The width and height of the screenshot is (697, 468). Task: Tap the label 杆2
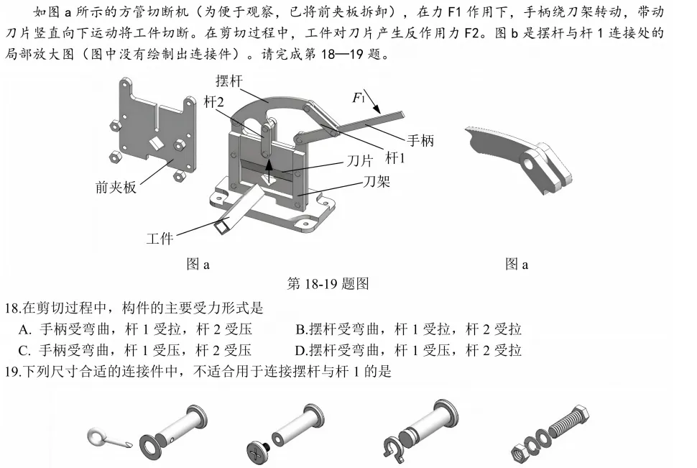(213, 103)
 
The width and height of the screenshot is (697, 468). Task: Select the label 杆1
(395, 157)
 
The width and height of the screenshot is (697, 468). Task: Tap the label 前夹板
(116, 188)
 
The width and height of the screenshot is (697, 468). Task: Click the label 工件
(160, 238)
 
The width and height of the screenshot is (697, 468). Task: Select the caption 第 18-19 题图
(328, 284)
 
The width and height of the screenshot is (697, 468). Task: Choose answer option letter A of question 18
(24, 330)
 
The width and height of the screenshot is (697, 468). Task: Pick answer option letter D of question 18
(301, 351)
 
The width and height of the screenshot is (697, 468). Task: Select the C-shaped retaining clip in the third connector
(392, 446)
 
